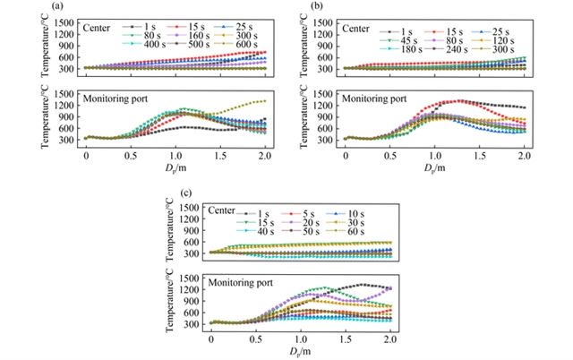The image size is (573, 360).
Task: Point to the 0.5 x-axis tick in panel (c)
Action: (x=255, y=339)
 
